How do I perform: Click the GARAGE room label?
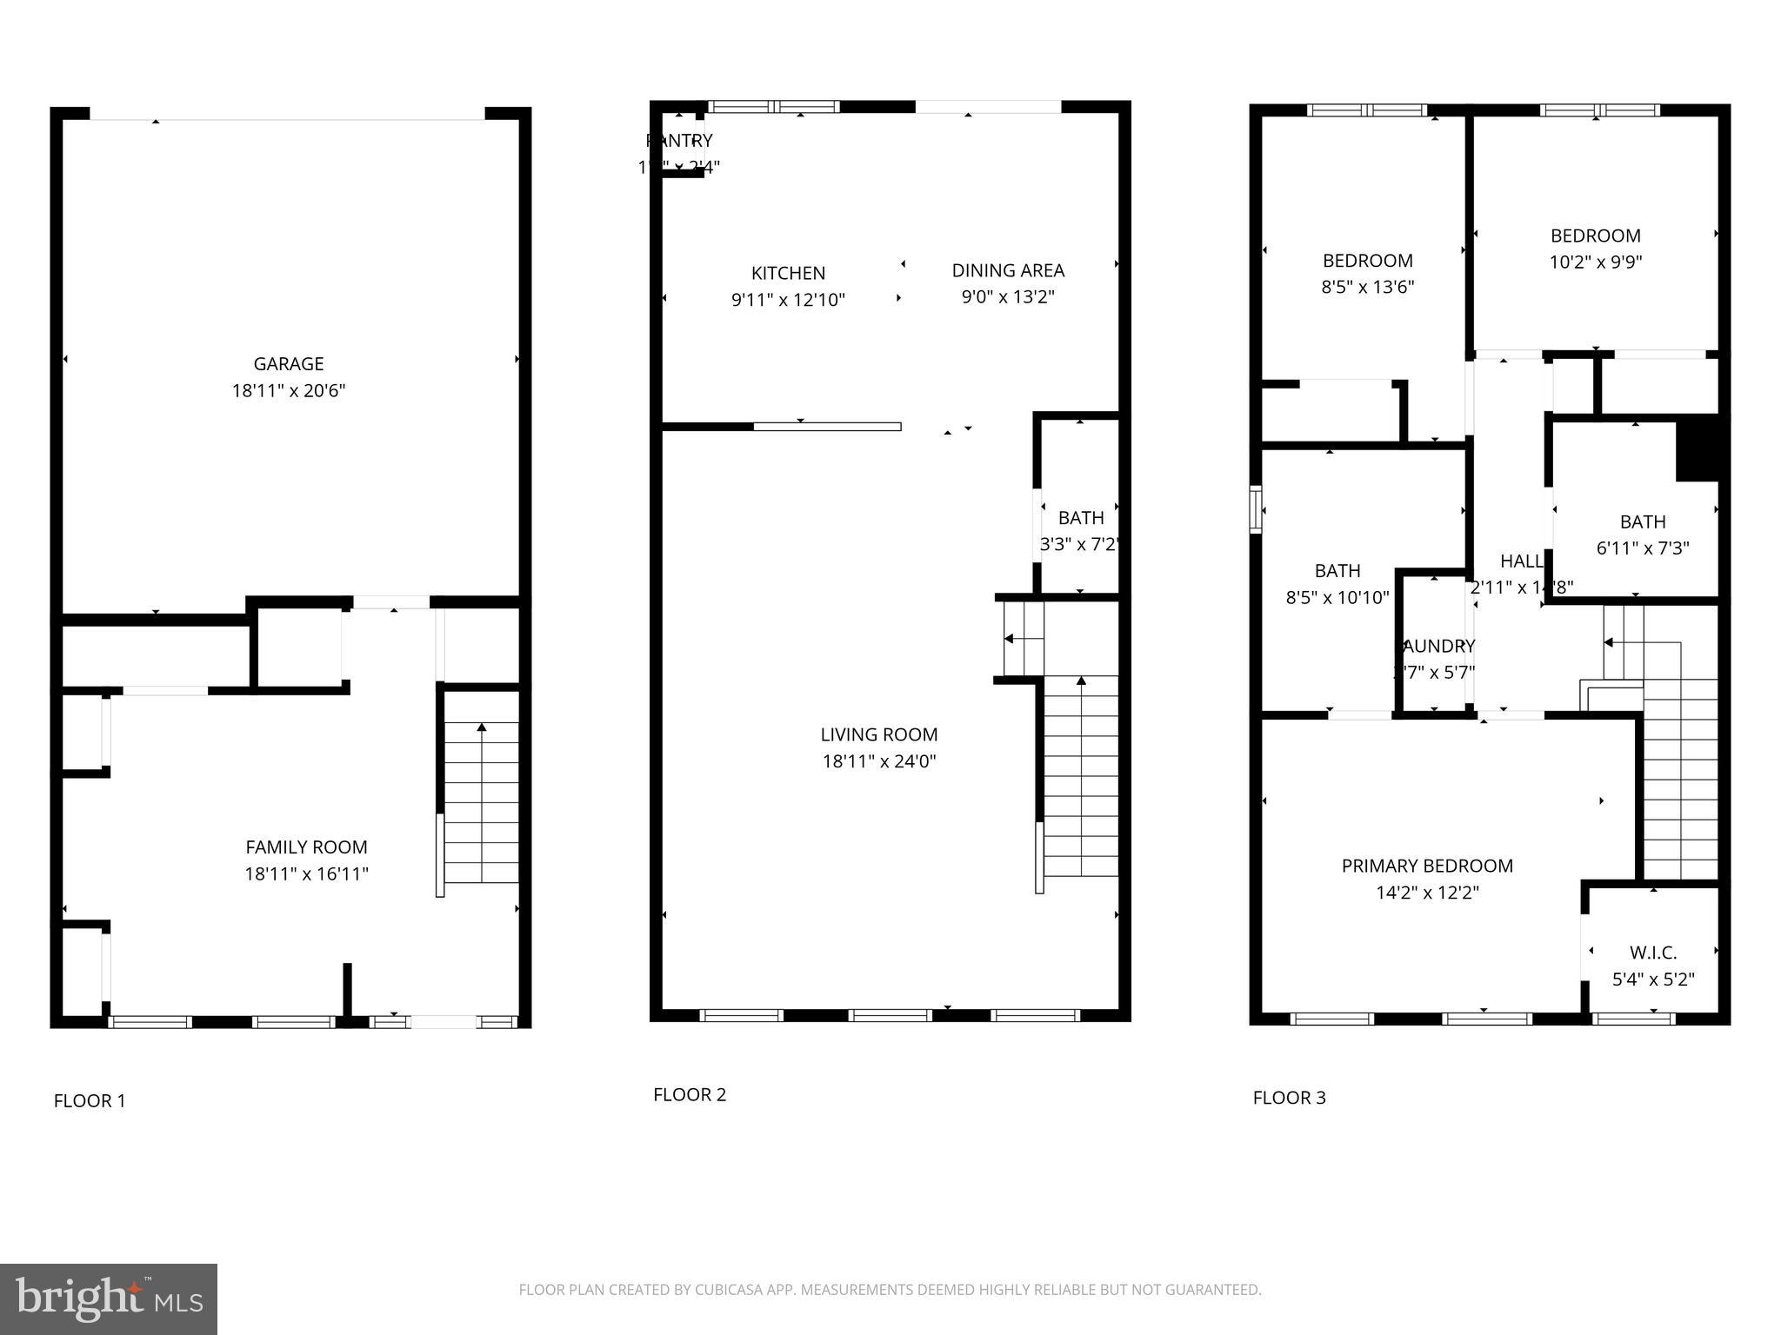point(288,364)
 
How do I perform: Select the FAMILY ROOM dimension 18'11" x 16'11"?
point(306,873)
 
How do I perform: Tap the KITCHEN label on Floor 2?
point(788,273)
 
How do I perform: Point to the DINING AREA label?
point(1008,270)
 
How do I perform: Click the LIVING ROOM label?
point(878,734)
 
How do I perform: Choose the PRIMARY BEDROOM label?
point(1427,866)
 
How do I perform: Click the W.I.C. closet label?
point(1652,953)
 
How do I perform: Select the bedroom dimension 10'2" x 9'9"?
point(1595,262)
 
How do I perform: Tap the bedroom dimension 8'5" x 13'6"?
point(1367,287)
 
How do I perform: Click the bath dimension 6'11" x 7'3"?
point(1642,548)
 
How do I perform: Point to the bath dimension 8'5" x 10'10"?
point(1337,597)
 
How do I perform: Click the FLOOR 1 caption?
point(90,1101)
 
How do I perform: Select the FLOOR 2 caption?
point(690,1095)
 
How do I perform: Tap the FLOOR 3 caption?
point(1289,1098)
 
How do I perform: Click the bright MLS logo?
point(108,1298)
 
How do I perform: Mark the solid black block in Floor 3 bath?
point(1698,448)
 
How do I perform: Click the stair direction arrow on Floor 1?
point(481,728)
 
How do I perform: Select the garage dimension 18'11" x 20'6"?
point(288,391)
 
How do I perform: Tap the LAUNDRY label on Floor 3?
point(1437,646)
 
